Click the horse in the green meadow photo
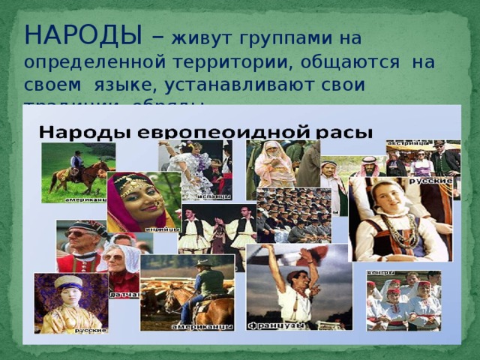(x=79, y=178)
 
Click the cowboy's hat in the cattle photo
(x=202, y=262)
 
